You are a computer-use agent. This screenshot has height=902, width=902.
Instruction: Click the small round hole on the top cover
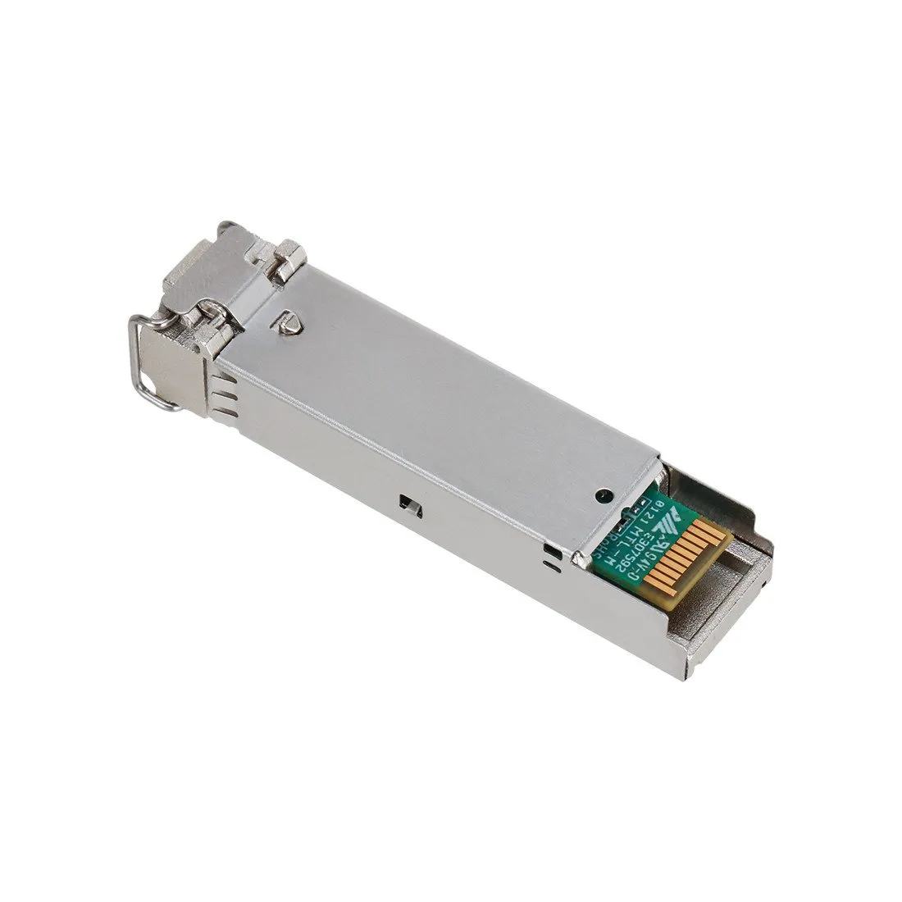[604, 495]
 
